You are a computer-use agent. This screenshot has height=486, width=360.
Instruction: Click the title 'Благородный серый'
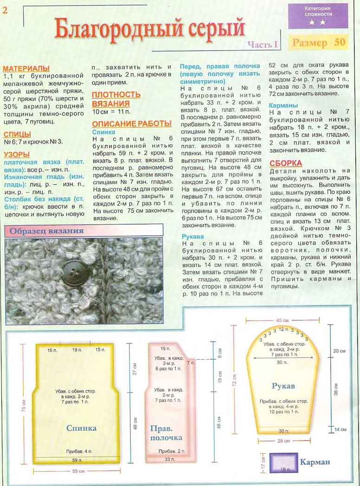tap(149, 28)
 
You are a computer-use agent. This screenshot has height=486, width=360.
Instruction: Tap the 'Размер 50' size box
tap(319, 42)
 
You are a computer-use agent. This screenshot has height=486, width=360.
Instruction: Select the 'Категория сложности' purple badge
tap(318, 16)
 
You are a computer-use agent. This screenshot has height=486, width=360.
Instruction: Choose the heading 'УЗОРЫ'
tap(17, 154)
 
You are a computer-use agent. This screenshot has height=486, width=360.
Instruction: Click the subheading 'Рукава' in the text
tap(193, 236)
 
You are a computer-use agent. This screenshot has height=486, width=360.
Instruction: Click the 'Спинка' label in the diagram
tap(81, 428)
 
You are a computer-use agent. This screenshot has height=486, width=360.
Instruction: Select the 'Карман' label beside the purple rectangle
tap(315, 462)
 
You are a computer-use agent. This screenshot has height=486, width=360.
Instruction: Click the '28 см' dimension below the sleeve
tap(283, 440)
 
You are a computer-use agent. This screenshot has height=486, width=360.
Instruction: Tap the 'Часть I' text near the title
tap(262, 45)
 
